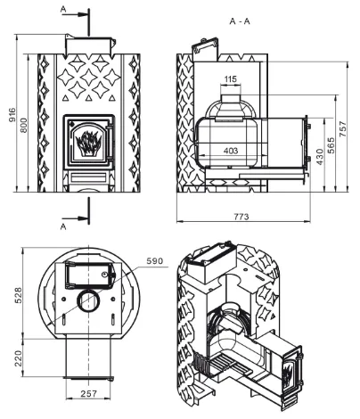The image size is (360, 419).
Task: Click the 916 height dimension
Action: (x=12, y=115)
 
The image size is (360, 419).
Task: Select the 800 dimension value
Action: (x=24, y=126)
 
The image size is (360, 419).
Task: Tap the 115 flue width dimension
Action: (x=231, y=79)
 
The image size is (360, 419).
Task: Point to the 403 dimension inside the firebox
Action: (x=231, y=151)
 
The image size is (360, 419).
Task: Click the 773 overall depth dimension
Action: (x=241, y=217)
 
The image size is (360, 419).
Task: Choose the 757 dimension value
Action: (x=343, y=128)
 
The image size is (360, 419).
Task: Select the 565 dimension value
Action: (x=331, y=144)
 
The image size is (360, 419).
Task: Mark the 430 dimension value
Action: (x=319, y=157)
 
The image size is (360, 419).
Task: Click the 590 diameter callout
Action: (x=155, y=261)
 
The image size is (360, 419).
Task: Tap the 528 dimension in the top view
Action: (x=19, y=295)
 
